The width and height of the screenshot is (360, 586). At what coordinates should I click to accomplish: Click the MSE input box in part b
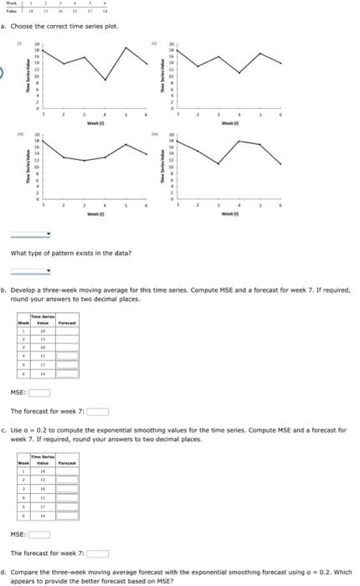coord(39,392)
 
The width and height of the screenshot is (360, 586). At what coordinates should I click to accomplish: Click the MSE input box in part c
coord(39,535)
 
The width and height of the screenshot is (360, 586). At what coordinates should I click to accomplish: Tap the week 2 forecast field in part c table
coord(67,481)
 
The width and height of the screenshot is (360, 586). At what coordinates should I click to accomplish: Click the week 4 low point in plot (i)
coord(105,80)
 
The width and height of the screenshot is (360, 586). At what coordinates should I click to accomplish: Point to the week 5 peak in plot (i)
coord(126,46)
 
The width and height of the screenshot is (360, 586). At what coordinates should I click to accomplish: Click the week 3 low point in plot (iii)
coord(84,161)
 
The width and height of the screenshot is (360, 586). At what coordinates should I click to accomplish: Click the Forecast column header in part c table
coord(67,461)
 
